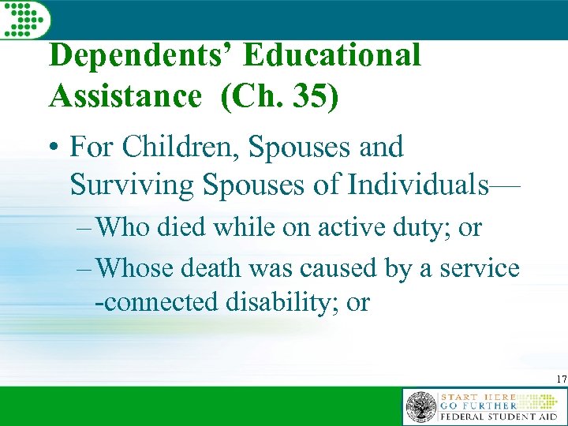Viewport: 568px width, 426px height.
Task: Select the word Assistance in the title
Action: tap(125, 95)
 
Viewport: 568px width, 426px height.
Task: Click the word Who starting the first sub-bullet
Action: tap(128, 228)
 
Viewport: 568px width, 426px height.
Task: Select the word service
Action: tap(480, 269)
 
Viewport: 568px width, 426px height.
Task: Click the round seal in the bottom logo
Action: tap(420, 407)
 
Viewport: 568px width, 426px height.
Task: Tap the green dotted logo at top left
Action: tap(24, 20)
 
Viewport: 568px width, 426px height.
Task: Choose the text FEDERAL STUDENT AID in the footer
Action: tap(499, 416)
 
